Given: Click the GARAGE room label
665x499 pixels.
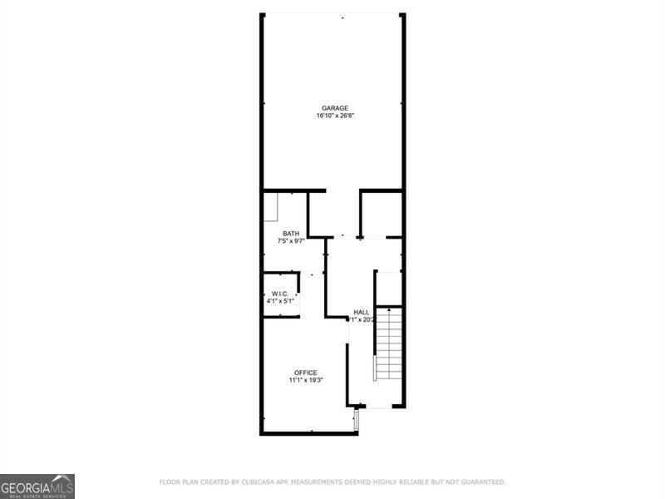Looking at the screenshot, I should pyautogui.click(x=335, y=107).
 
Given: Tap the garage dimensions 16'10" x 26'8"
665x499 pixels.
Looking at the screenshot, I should pyautogui.click(x=335, y=116).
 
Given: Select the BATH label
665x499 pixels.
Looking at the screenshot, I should pyautogui.click(x=291, y=233).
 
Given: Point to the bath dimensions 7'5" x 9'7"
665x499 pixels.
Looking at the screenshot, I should pyautogui.click(x=291, y=241).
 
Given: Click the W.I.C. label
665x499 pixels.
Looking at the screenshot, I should pyautogui.click(x=279, y=294).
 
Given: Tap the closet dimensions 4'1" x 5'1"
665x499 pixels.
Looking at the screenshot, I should pyautogui.click(x=279, y=301).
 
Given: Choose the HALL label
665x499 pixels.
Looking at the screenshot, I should pyautogui.click(x=362, y=312).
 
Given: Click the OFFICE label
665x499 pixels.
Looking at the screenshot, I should pyautogui.click(x=305, y=373).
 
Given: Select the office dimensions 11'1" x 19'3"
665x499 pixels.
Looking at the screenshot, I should pyautogui.click(x=305, y=380).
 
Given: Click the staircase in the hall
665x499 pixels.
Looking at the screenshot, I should pyautogui.click(x=389, y=345).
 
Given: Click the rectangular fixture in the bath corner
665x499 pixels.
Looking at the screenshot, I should pyautogui.click(x=271, y=208).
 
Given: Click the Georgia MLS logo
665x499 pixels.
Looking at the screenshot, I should pyautogui.click(x=37, y=486).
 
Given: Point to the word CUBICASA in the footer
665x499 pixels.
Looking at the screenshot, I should pyautogui.click(x=264, y=482).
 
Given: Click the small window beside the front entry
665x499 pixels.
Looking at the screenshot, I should pyautogui.click(x=357, y=420).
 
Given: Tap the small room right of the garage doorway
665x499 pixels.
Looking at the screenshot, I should pyautogui.click(x=382, y=215).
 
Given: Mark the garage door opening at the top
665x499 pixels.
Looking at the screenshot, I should pyautogui.click(x=332, y=14).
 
